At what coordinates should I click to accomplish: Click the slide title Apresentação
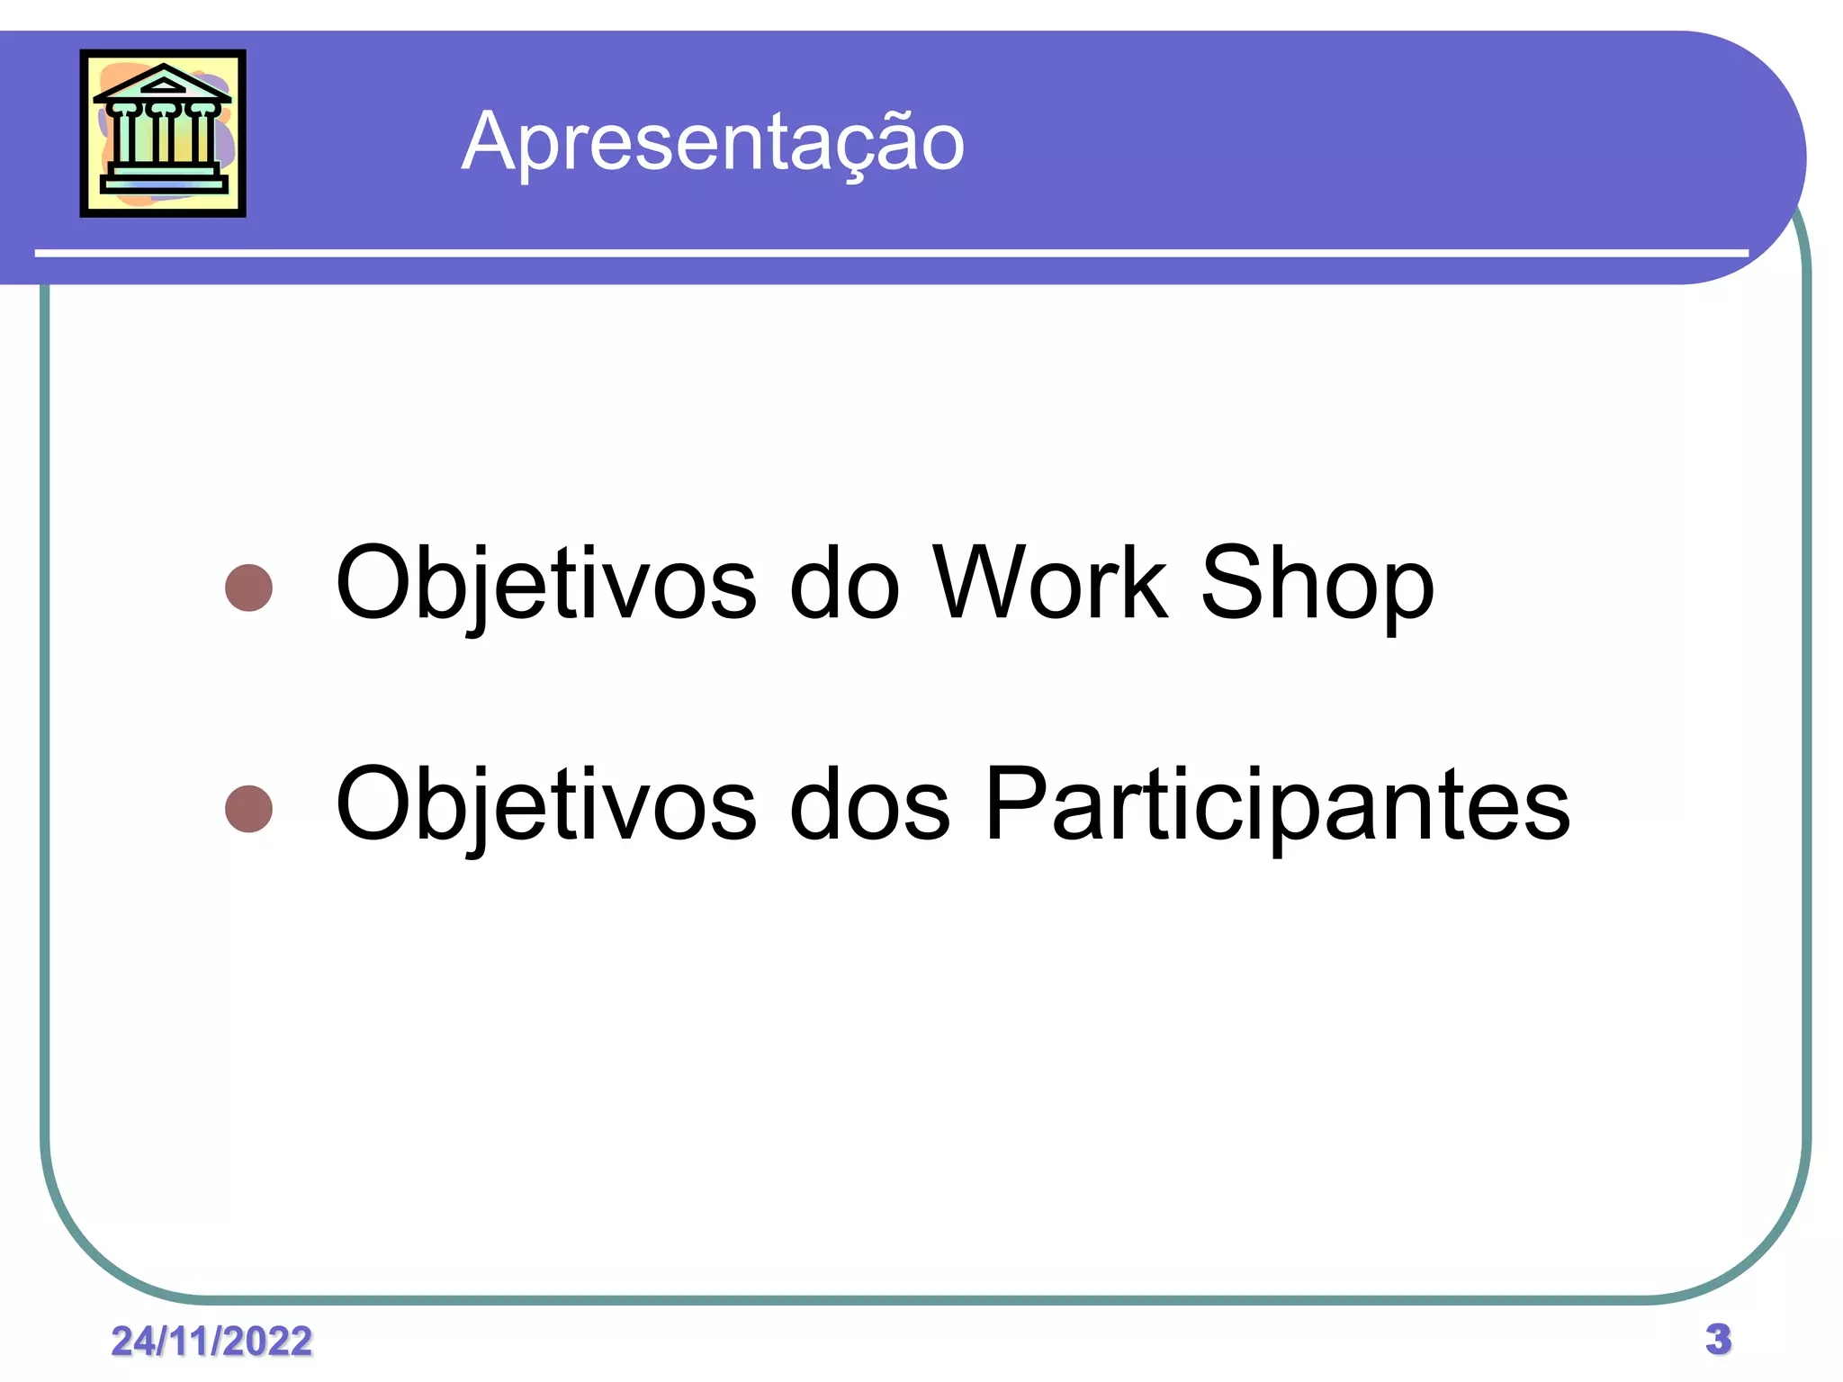point(713,141)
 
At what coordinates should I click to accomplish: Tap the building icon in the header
point(163,133)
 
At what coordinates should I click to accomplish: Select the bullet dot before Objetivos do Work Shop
point(248,588)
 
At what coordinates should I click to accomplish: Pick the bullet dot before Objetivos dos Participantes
point(248,808)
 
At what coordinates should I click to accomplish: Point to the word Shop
point(1317,585)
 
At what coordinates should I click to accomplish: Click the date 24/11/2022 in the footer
point(211,1341)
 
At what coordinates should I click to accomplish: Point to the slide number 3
point(1718,1339)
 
